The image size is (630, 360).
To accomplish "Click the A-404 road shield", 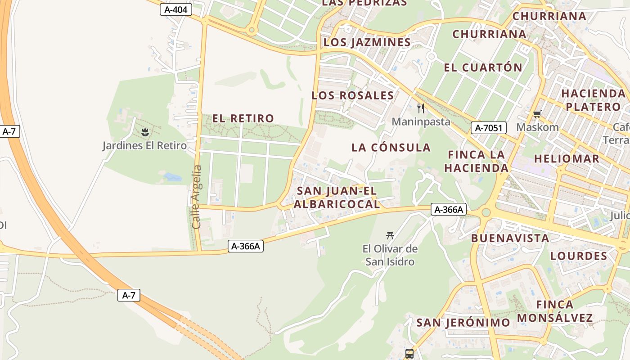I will click(x=176, y=9).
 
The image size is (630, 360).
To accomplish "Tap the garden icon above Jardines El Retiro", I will click(x=145, y=132).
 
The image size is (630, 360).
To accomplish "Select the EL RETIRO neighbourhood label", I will click(x=243, y=118).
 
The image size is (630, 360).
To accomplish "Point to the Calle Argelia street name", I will click(x=197, y=197).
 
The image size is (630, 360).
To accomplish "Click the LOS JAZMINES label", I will click(x=367, y=42).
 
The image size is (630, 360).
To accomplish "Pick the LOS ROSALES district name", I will click(x=353, y=95).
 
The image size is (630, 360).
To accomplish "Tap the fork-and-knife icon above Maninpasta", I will click(x=421, y=108).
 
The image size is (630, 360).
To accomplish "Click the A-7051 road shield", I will click(x=489, y=128).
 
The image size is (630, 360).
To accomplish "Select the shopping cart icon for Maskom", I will click(x=536, y=114).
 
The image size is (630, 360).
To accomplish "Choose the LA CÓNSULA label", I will click(x=391, y=148).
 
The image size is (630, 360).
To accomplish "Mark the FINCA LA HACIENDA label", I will click(x=476, y=162).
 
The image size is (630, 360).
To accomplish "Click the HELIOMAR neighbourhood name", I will click(x=567, y=158).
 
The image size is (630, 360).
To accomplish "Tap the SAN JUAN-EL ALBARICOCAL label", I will click(x=337, y=198).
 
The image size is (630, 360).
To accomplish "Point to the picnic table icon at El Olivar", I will click(x=390, y=235).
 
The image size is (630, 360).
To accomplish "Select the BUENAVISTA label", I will click(x=510, y=238).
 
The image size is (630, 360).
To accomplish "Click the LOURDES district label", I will click(x=579, y=256).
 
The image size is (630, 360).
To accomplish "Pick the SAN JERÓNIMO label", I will click(x=463, y=323).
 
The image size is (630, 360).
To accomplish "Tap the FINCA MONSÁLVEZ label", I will click(x=554, y=311).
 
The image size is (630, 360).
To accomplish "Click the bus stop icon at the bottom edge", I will click(x=409, y=354).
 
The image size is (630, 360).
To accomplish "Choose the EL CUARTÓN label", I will click(x=483, y=67).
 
